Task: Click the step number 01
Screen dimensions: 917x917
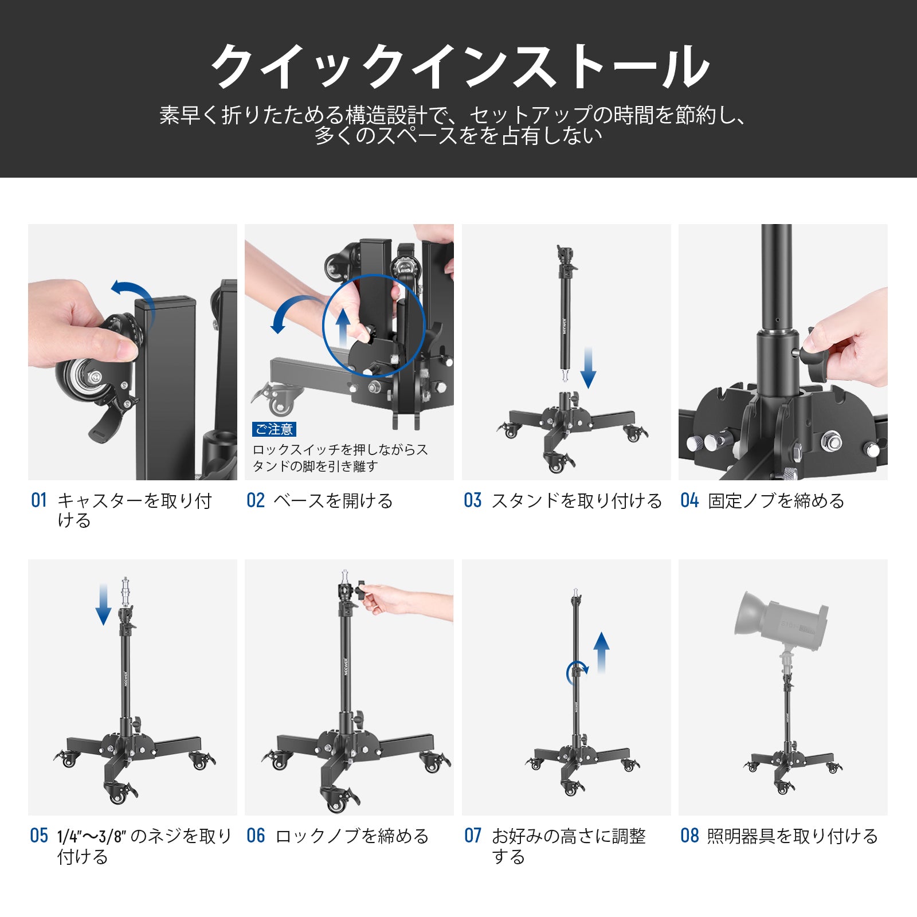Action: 38,500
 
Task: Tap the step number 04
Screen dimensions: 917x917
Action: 689,500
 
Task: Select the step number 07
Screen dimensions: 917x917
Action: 473,836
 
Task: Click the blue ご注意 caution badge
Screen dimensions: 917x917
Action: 275,429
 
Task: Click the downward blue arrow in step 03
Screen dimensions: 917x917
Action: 589,367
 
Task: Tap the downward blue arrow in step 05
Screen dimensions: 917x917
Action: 103,604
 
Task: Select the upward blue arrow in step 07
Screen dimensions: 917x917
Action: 601,653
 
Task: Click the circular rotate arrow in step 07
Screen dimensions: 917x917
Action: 577,672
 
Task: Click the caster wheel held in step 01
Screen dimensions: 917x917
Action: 86,378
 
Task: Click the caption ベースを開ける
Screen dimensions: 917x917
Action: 333,501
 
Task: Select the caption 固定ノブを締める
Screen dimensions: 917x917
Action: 776,501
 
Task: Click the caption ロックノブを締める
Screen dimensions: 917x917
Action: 352,836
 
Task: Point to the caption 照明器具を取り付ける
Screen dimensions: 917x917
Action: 792,836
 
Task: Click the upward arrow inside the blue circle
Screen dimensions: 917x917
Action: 343,327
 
